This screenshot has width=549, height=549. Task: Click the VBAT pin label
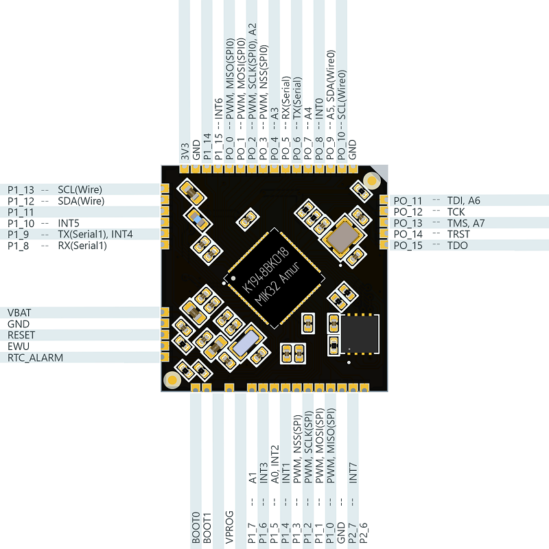(19, 312)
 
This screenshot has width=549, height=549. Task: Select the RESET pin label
(21, 335)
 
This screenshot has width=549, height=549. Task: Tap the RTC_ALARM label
(35, 358)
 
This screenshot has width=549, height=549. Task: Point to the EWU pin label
(18, 347)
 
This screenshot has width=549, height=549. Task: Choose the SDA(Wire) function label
(81, 201)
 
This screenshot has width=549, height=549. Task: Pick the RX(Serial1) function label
(82, 245)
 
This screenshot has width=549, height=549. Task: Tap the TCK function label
(456, 212)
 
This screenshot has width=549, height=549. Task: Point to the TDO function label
(458, 245)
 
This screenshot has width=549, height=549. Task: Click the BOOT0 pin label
(196, 528)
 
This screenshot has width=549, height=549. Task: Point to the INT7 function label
(353, 474)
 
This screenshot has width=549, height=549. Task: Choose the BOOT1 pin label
(207, 528)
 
